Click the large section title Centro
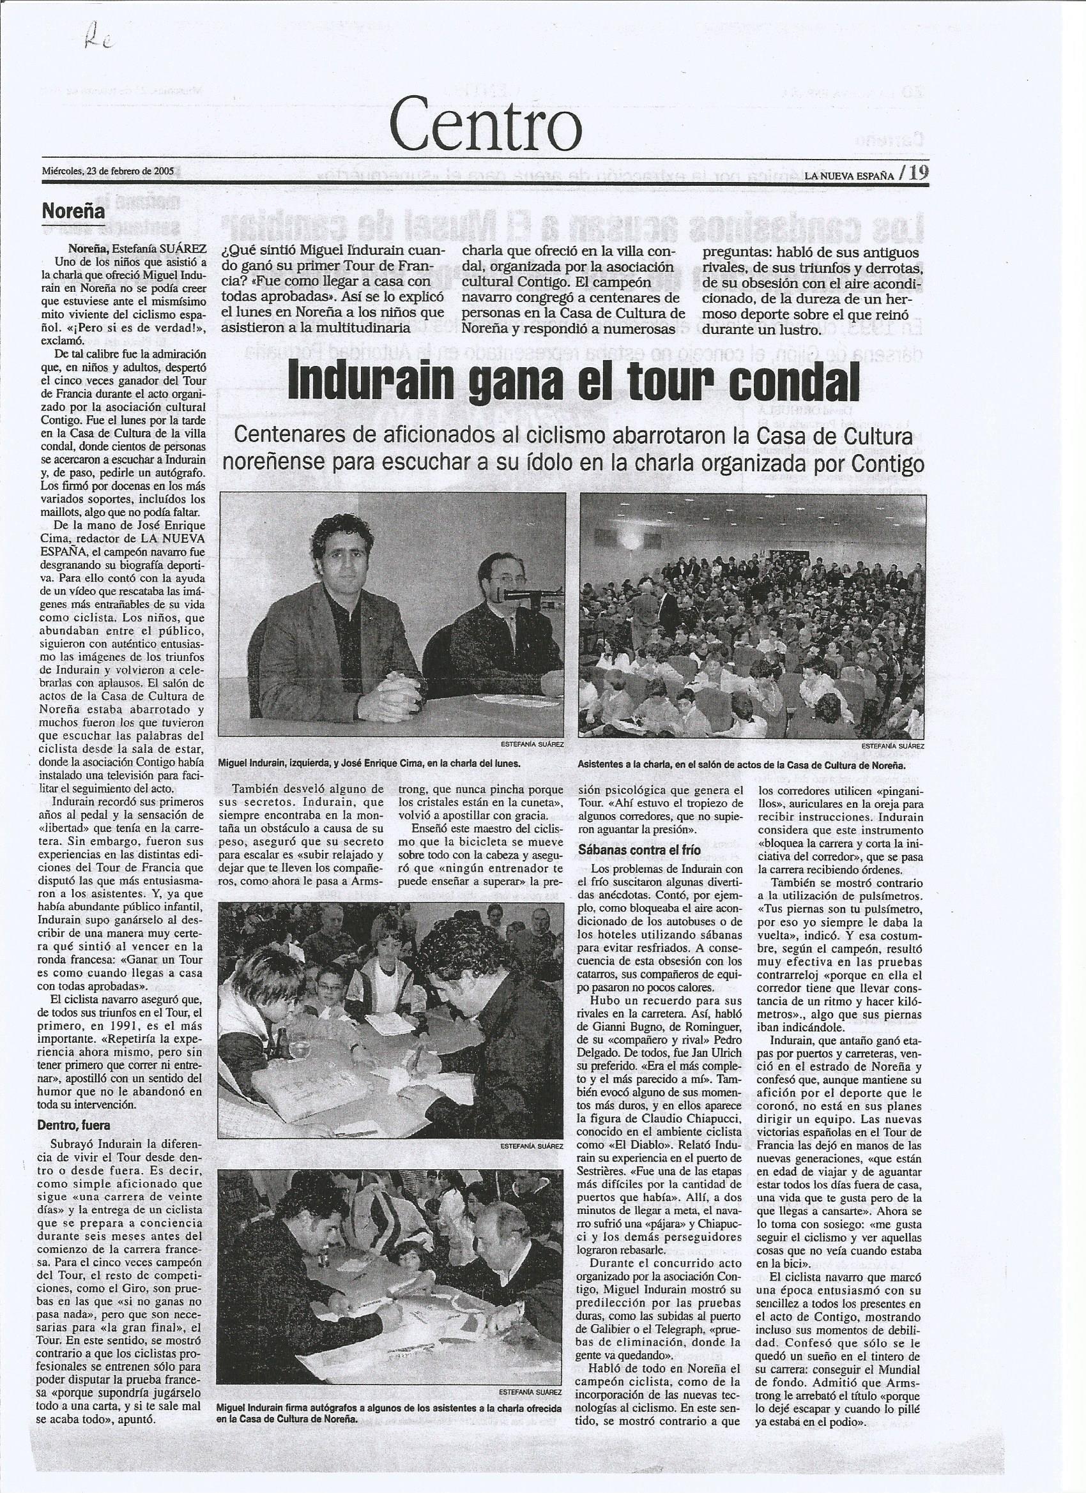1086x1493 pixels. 486,128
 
